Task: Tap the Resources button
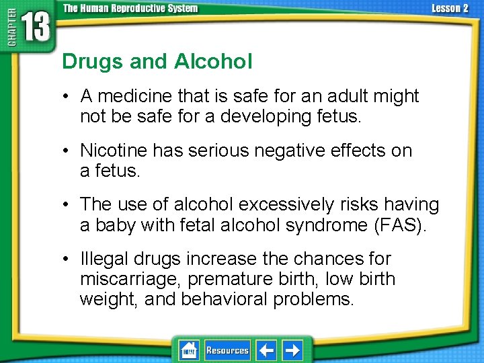pyautogui.click(x=227, y=350)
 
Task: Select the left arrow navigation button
pyautogui.click(x=267, y=350)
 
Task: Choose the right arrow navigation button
pyautogui.click(x=292, y=350)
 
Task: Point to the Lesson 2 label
pyautogui.click(x=449, y=9)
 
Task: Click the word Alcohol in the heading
pyautogui.click(x=213, y=62)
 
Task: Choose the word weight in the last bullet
pyautogui.click(x=108, y=299)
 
